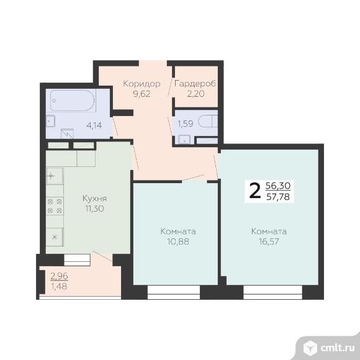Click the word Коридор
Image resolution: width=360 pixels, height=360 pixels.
click(x=142, y=84)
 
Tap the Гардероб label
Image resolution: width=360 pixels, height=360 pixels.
click(x=195, y=84)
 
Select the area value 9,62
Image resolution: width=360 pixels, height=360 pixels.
click(x=142, y=94)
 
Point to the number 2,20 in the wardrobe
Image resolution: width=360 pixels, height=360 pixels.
click(x=196, y=94)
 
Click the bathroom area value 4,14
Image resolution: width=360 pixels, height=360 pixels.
click(x=94, y=125)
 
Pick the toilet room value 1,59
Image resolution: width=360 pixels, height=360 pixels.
click(x=186, y=124)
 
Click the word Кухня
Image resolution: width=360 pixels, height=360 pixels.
click(x=94, y=199)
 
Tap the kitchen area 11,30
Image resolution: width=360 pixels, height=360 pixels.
click(x=94, y=209)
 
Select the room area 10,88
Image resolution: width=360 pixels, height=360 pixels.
click(x=178, y=241)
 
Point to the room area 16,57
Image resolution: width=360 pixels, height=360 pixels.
click(x=269, y=241)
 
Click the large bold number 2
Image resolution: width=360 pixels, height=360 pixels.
click(x=255, y=191)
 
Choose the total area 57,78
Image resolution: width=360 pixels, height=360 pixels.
click(x=278, y=197)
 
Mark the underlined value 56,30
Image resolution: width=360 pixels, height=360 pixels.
click(x=278, y=186)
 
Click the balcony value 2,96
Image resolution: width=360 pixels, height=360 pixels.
click(x=59, y=276)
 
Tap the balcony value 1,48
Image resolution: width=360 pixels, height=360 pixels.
click(x=59, y=286)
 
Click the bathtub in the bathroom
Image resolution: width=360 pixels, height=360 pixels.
click(x=73, y=101)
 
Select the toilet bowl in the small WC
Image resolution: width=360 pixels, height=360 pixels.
click(x=208, y=121)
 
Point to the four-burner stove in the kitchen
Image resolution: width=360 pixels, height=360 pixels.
click(x=55, y=206)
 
